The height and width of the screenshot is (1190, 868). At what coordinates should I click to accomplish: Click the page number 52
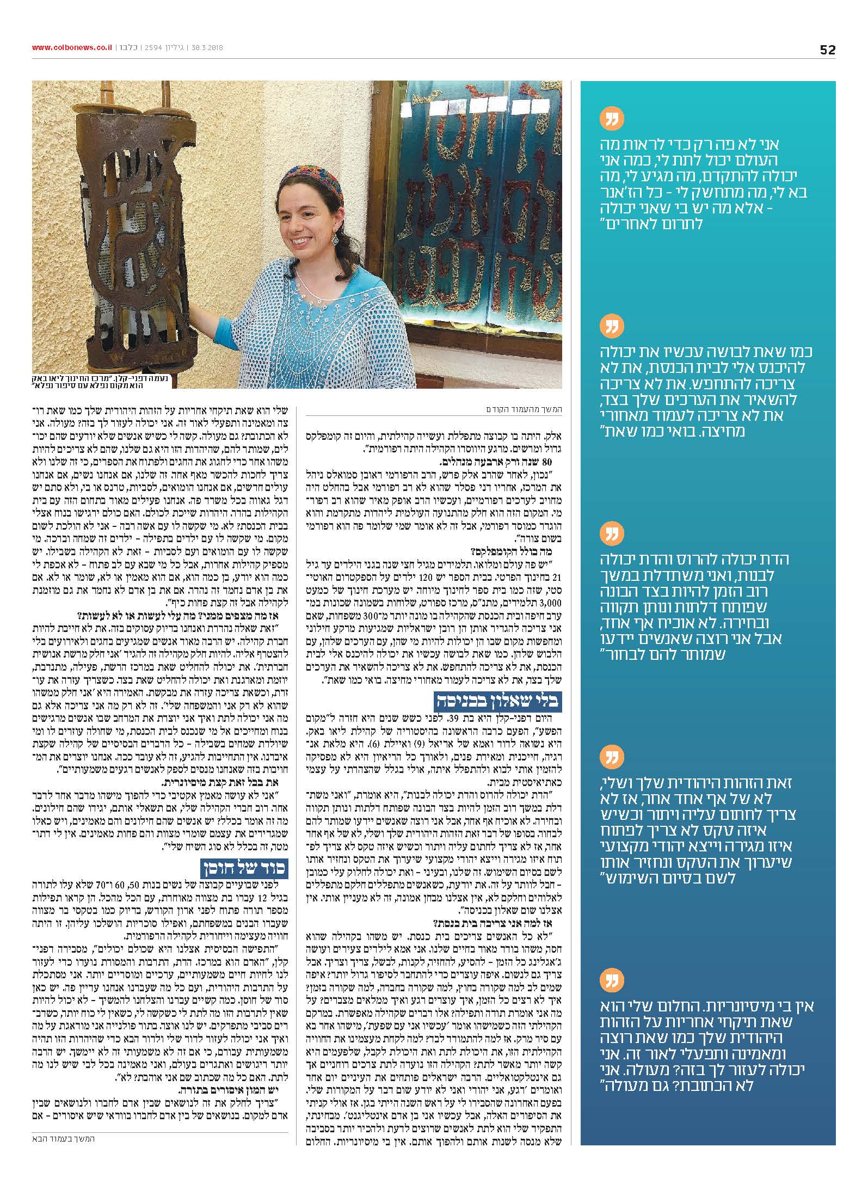click(x=827, y=50)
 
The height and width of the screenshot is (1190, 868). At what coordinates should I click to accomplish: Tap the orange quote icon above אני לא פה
click(x=611, y=118)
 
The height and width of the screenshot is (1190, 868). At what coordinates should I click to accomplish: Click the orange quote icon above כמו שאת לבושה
click(x=611, y=327)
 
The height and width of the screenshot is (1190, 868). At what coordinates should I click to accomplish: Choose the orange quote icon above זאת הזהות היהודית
click(x=611, y=757)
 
